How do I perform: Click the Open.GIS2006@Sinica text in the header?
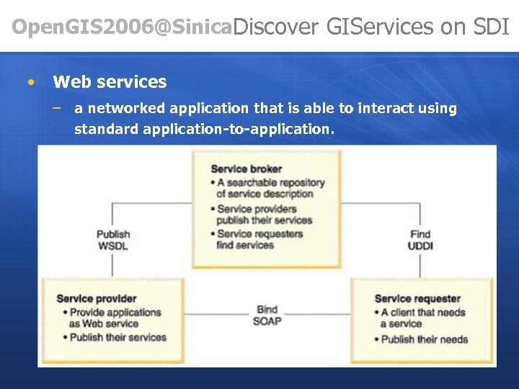pos(123,27)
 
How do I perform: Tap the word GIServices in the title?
pos(377,27)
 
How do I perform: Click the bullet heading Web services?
pos(110,82)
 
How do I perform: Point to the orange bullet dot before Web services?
pos(30,82)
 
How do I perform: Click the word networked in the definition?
pos(125,109)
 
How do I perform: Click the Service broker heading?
pos(246,169)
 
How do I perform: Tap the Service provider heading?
pos(96,298)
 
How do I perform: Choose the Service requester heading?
pos(417,298)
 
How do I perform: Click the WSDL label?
pos(113,246)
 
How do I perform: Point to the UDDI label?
pos(421,246)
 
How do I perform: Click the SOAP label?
pos(267,321)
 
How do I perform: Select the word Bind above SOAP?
pos(267,310)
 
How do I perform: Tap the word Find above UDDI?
pos(420,234)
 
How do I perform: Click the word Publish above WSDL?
pos(113,234)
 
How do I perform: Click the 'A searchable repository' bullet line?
pos(270,183)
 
